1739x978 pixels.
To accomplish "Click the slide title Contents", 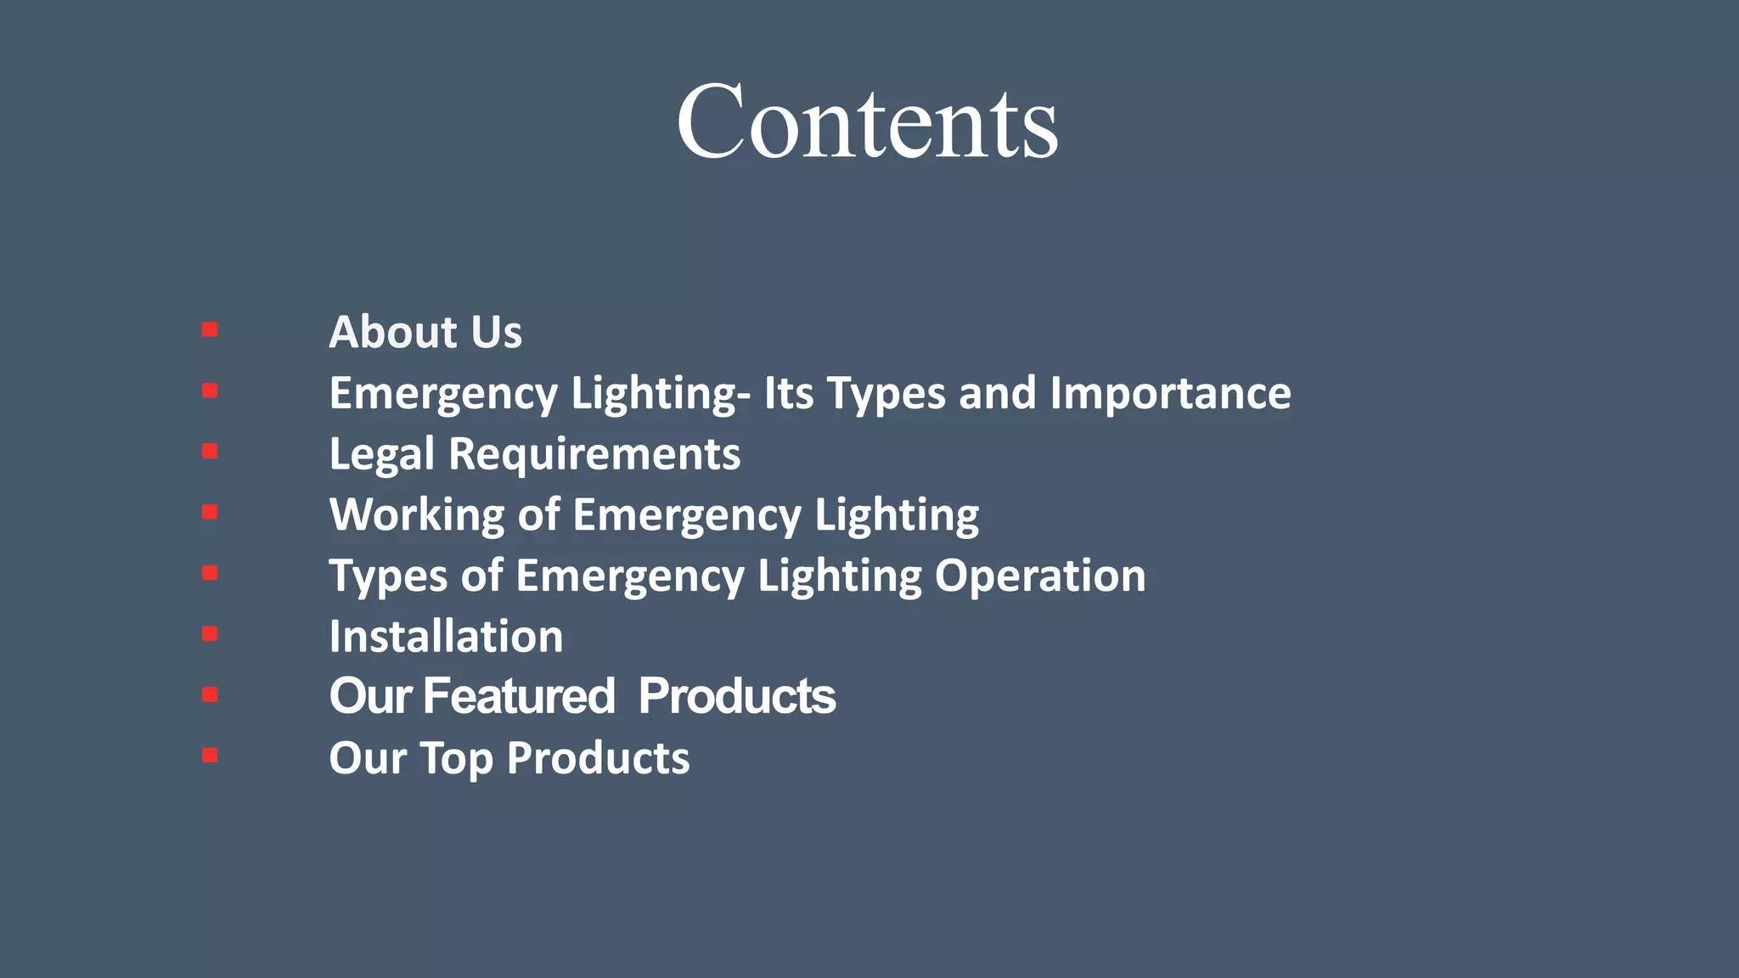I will (x=867, y=121).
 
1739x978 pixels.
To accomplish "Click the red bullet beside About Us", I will (x=210, y=329).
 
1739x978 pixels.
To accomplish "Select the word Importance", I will (x=1170, y=393).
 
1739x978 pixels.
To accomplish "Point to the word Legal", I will (x=381, y=454).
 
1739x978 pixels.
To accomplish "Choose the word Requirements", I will (x=594, y=454).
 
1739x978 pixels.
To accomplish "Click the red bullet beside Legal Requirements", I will (x=210, y=452).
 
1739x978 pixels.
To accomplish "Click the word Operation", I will (x=1040, y=576).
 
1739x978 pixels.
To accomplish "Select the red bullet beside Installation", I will (x=210, y=634).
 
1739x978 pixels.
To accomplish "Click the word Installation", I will (x=446, y=637).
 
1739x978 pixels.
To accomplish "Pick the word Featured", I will (x=519, y=696).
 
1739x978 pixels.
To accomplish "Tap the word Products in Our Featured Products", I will (x=736, y=696).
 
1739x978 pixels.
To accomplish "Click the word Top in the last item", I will (x=456, y=758).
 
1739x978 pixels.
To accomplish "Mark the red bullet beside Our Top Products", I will (x=210, y=756).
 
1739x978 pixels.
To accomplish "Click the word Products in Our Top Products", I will (x=598, y=758).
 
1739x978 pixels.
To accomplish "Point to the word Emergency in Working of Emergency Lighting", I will (x=686, y=515).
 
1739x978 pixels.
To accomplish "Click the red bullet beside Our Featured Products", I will (x=210, y=694).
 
